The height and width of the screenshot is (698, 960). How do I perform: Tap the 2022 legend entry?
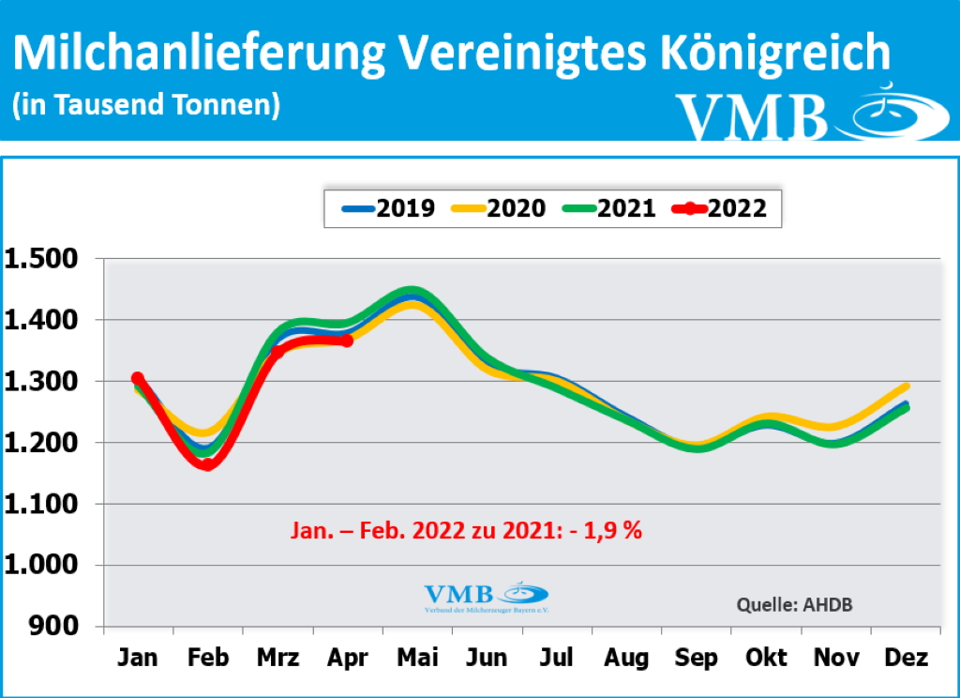(x=719, y=208)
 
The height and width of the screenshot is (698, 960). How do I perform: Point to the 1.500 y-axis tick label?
(x=45, y=259)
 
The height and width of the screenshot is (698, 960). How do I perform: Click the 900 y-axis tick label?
(x=59, y=627)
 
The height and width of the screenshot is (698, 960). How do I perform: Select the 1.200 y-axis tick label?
(x=45, y=443)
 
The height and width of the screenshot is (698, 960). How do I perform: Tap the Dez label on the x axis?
(x=906, y=658)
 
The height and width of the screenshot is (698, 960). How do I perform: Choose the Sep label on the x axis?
(x=697, y=658)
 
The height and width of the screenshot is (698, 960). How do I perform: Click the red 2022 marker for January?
(x=138, y=378)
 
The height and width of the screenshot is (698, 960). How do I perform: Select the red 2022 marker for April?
(x=347, y=341)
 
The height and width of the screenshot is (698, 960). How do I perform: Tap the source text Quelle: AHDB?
(x=795, y=604)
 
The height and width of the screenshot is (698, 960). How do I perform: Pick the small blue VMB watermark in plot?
(x=486, y=597)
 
